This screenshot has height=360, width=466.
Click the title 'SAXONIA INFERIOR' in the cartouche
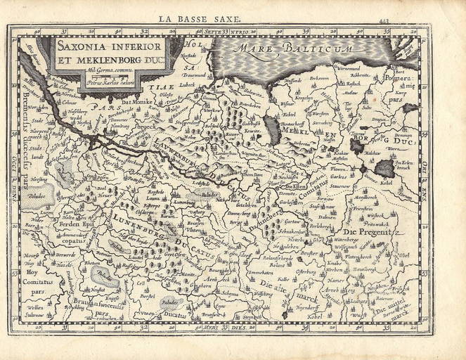[110, 46]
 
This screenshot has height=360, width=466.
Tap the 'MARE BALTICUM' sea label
[303, 49]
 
